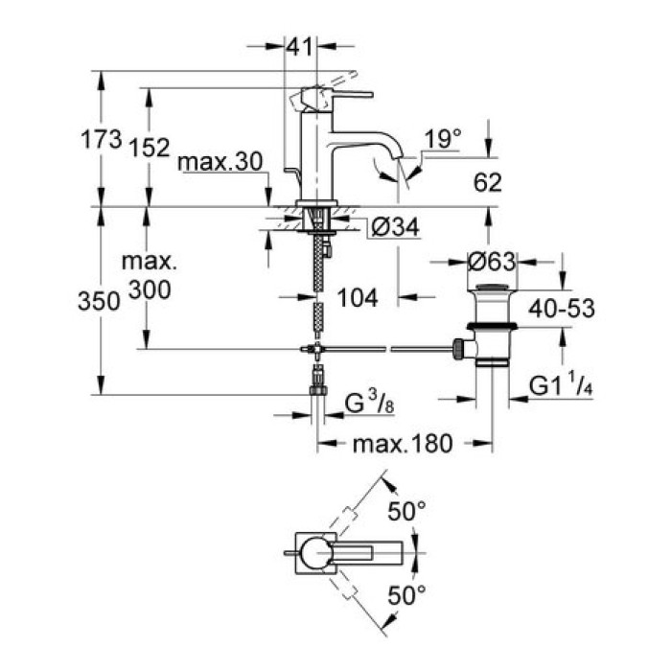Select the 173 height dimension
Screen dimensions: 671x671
[x=101, y=141]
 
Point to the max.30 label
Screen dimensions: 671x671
[x=220, y=163]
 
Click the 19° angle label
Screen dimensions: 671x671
[x=443, y=140]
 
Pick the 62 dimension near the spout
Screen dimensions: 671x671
[x=487, y=182]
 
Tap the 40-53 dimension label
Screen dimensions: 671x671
[x=563, y=308]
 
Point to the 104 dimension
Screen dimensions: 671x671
[x=358, y=298]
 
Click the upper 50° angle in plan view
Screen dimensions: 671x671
[x=406, y=511]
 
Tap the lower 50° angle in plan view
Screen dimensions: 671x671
[x=406, y=595]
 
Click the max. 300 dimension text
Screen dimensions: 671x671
[x=149, y=275]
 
